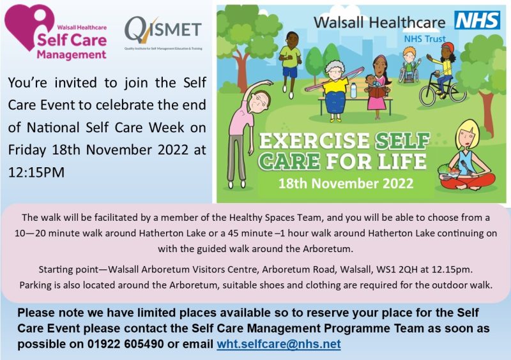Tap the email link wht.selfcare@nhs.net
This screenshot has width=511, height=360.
278,344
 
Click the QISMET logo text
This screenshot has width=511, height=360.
163,28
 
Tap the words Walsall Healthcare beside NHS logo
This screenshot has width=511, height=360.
380,22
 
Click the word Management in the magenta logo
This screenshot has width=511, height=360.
72,54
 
